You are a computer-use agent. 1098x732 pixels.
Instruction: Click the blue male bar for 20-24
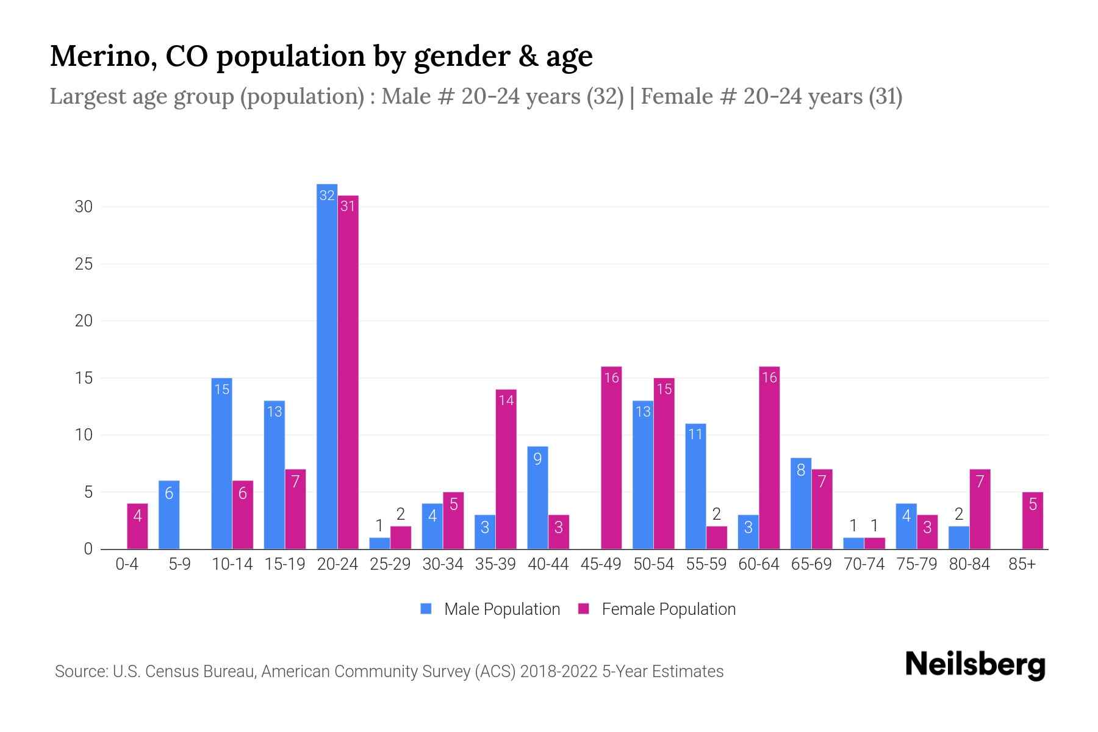click(327, 366)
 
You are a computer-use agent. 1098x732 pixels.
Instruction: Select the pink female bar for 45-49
click(611, 457)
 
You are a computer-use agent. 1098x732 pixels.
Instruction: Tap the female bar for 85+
click(1033, 520)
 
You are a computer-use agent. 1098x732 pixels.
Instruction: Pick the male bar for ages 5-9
click(169, 515)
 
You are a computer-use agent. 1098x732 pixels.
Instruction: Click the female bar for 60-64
click(769, 457)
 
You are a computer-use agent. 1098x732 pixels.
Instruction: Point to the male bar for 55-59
click(695, 486)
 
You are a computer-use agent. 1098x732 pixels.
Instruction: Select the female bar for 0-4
click(137, 526)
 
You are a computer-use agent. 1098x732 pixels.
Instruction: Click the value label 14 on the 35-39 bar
click(506, 400)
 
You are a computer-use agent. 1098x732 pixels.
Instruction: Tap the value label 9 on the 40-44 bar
click(537, 458)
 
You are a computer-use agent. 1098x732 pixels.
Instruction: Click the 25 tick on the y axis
click(84, 264)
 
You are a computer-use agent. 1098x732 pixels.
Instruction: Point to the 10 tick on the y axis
click(84, 435)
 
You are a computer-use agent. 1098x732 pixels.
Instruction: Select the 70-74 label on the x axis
click(864, 564)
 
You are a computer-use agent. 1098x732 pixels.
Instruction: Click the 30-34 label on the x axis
click(443, 564)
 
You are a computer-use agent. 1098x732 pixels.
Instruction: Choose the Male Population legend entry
click(491, 609)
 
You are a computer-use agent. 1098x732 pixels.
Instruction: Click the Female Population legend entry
click(658, 609)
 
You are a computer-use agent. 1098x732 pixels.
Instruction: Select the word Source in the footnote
click(80, 672)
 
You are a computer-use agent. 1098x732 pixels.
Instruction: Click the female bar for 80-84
click(980, 509)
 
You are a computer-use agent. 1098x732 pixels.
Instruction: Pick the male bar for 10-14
click(221, 464)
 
